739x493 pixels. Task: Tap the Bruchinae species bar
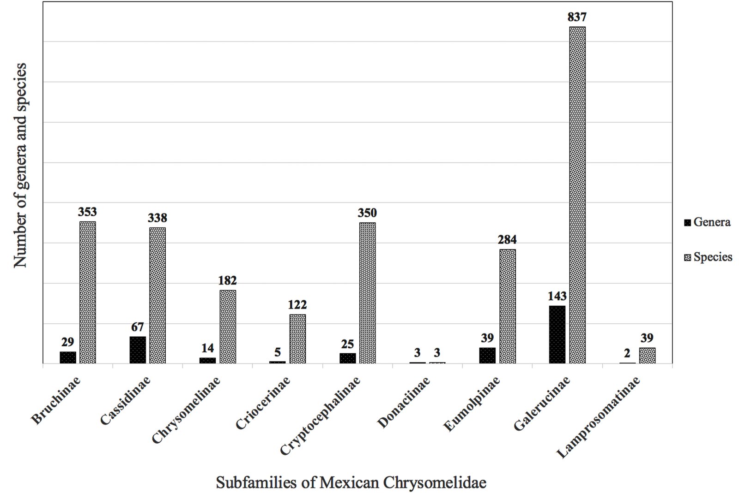click(x=88, y=292)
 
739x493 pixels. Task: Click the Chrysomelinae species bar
click(x=228, y=327)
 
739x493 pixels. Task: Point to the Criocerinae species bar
click(x=297, y=339)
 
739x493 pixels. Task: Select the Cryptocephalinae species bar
click(x=368, y=293)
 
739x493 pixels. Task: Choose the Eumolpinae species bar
click(x=508, y=306)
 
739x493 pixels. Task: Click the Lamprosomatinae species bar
click(x=647, y=355)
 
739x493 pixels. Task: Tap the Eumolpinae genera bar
click(x=487, y=355)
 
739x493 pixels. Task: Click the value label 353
click(x=87, y=212)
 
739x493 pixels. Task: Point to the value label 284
click(x=507, y=239)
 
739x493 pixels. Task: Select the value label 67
click(x=138, y=327)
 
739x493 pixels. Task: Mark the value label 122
click(x=297, y=304)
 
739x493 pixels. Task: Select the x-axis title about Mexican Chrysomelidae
click(x=351, y=482)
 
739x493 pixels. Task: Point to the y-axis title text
click(x=20, y=166)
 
